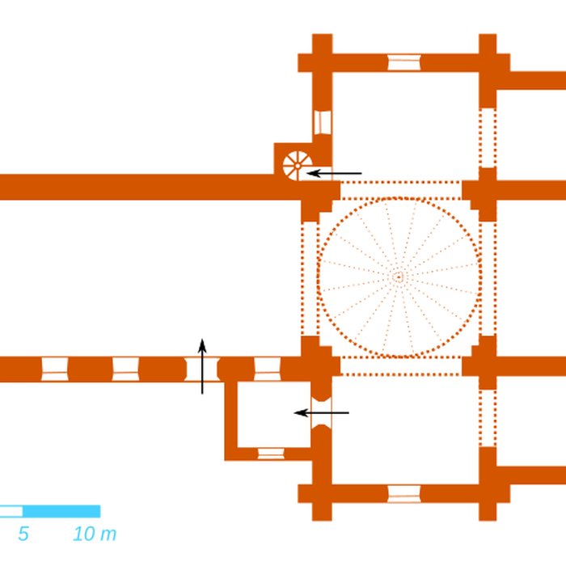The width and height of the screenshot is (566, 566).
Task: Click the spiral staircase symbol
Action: tap(297, 165)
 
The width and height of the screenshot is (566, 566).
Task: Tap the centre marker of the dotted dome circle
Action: tap(398, 277)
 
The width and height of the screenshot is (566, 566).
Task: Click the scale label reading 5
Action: tap(23, 534)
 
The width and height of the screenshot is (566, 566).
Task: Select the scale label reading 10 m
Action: tap(95, 534)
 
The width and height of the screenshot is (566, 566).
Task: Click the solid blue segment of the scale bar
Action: tap(61, 511)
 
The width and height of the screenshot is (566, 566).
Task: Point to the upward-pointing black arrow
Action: tap(202, 366)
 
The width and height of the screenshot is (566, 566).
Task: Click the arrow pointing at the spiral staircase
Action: tap(334, 174)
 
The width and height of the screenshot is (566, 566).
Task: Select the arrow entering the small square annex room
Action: tap(322, 412)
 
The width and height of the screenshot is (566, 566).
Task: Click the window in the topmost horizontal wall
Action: tap(404, 62)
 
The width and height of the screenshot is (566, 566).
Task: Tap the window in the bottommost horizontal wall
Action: tap(404, 494)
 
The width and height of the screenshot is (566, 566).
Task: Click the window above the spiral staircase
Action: tap(323, 123)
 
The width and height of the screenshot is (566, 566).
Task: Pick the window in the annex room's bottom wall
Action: tap(271, 454)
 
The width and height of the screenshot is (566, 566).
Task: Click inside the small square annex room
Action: tap(274, 414)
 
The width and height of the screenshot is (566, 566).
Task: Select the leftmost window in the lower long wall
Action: tap(54, 369)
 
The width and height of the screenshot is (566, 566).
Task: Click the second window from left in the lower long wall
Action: tap(125, 369)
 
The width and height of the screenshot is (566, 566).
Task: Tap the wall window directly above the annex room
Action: tap(268, 369)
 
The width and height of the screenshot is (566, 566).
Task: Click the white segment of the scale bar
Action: tap(11, 511)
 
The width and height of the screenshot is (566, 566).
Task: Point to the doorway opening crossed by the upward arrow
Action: tap(202, 369)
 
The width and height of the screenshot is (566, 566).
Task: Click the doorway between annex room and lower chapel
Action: tap(321, 412)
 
